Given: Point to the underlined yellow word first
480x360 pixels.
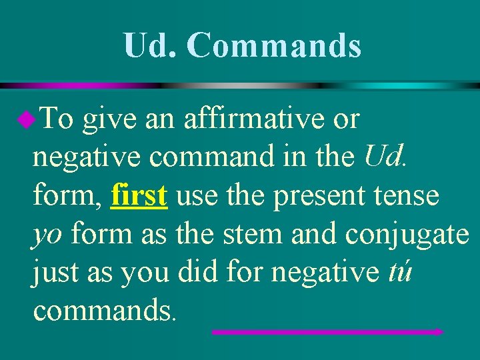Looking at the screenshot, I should [x=139, y=195].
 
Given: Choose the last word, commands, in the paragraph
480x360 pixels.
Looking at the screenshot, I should [x=103, y=310].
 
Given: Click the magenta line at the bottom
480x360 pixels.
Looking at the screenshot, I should [x=327, y=331].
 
